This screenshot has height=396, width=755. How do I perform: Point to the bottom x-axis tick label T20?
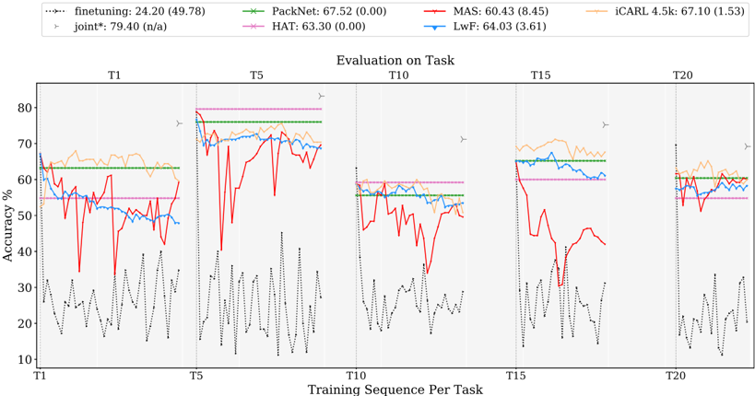(676, 378)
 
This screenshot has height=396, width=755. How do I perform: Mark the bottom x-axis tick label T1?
(40, 378)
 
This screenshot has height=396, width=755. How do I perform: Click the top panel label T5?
(257, 74)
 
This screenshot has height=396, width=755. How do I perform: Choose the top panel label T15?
(539, 74)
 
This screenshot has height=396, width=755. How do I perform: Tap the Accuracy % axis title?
(8, 222)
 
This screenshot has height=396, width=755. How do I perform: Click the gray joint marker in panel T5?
(321, 96)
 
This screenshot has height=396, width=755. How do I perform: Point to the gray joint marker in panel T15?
(606, 125)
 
